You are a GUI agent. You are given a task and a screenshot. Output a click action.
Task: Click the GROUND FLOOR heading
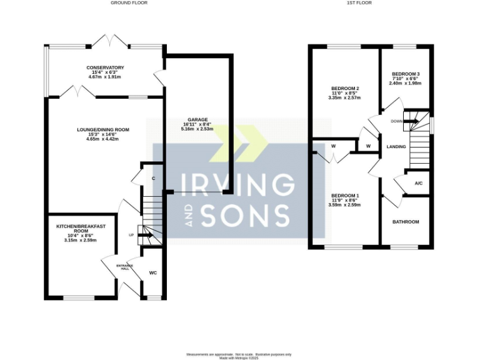pos(129,3)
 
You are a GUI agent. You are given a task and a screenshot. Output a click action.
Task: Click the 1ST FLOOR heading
pos(361,3)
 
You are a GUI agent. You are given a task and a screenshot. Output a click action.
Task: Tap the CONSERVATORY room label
pos(106,67)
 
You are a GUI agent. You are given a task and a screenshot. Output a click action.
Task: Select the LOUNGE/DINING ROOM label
pos(102,130)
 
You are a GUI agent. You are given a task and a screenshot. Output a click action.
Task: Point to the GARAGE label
pos(197,119)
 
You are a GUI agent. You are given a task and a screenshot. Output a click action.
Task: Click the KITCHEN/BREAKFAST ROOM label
pos(79,227)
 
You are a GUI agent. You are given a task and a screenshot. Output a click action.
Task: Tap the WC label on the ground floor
pos(152,273)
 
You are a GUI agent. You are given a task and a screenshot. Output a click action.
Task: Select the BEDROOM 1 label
pos(345,195)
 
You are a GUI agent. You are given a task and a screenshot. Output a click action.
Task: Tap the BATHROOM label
pos(406,222)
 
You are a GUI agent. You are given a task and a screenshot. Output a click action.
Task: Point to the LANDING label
pos(396,147)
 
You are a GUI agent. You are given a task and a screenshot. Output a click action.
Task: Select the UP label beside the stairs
pos(131,235)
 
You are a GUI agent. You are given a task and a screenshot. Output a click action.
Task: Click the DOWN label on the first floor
pos(396,121)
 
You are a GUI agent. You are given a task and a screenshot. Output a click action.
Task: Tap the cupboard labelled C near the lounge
pos(153,179)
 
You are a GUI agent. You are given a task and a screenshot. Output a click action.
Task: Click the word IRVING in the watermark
pos(237,185)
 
